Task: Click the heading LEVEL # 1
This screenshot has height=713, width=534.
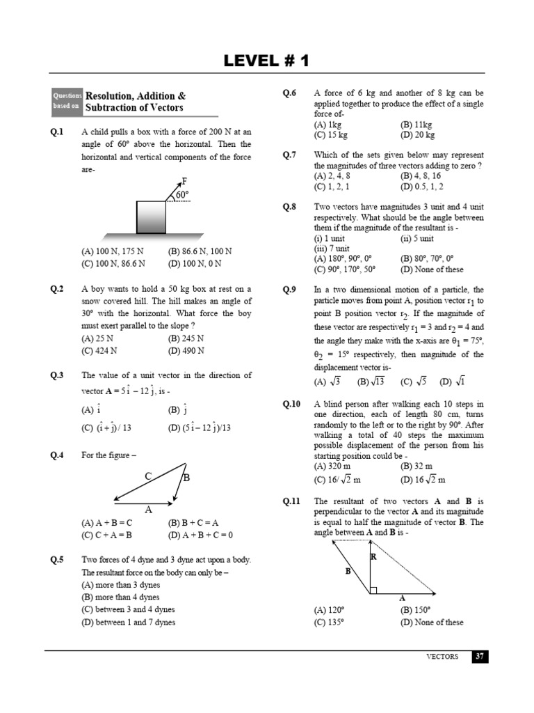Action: (x=266, y=61)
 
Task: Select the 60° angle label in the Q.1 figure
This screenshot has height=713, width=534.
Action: (x=183, y=196)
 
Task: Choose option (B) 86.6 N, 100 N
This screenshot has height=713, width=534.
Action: (x=200, y=251)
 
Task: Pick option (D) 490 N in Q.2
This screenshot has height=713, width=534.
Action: (x=186, y=351)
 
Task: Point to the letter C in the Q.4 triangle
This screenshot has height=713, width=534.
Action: (x=148, y=476)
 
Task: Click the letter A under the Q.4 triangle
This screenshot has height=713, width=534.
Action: (x=148, y=509)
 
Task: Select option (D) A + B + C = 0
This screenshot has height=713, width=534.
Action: (x=200, y=535)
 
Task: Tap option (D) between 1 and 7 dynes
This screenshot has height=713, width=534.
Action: (x=129, y=622)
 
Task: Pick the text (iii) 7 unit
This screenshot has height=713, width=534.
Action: (x=332, y=249)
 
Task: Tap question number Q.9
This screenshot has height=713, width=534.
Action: (x=290, y=290)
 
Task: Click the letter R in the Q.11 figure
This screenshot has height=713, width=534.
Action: (x=373, y=557)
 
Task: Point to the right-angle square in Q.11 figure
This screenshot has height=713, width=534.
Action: (x=373, y=590)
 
